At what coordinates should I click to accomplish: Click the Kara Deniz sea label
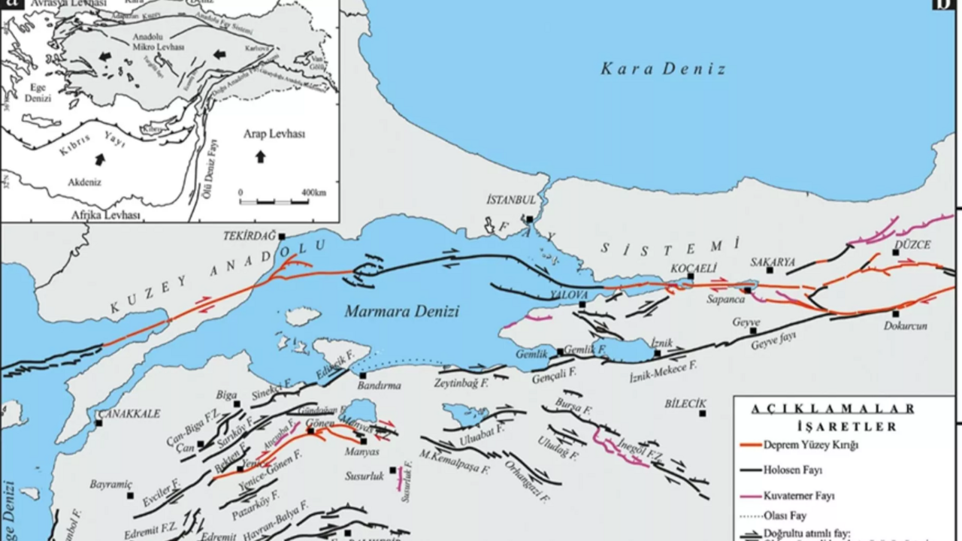pos(663,69)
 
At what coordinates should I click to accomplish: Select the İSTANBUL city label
pos(511,201)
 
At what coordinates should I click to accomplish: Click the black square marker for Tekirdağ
pos(282,236)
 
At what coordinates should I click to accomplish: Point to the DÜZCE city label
pos(912,245)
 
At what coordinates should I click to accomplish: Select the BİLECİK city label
pos(685,403)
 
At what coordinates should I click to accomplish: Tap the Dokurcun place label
pos(906,326)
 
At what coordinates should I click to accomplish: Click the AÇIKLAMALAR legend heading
pos(833,409)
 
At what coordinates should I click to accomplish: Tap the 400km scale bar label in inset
pos(313,193)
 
